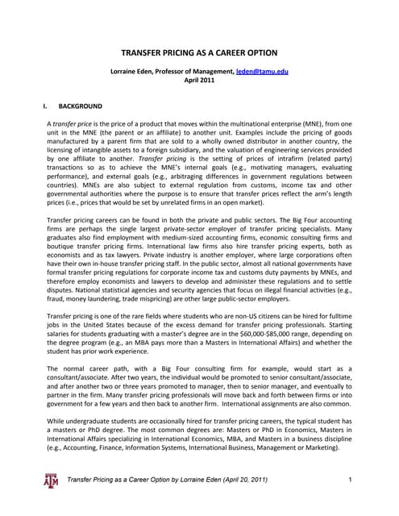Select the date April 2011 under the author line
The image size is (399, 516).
pyautogui.click(x=199, y=81)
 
